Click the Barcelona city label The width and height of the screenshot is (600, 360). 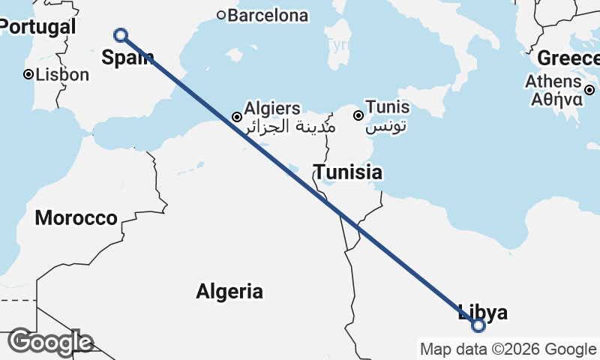coord(268,15)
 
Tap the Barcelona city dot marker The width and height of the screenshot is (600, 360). coord(221,15)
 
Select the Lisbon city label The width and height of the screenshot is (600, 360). coord(63,74)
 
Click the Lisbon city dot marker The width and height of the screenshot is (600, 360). coord(28,74)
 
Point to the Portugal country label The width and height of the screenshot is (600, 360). coord(37,27)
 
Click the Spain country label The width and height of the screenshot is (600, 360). coord(128,58)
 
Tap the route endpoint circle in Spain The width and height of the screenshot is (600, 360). coord(120,34)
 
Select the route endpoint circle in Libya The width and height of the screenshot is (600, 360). coord(478,325)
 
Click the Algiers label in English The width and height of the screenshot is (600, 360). coord(272,109)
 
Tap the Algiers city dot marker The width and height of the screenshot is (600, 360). coord(237,117)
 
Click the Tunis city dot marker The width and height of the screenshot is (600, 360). coord(358,115)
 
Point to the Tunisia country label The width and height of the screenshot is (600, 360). coord(348,172)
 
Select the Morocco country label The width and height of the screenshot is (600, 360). coord(76,218)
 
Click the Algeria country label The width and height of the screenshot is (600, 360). coord(229,291)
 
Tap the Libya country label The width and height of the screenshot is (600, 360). coord(483,313)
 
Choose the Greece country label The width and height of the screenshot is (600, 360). coord(568,58)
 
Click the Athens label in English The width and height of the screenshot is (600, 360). coord(553,81)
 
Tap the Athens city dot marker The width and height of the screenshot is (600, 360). coord(589,90)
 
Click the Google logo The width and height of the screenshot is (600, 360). coord(50,342)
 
